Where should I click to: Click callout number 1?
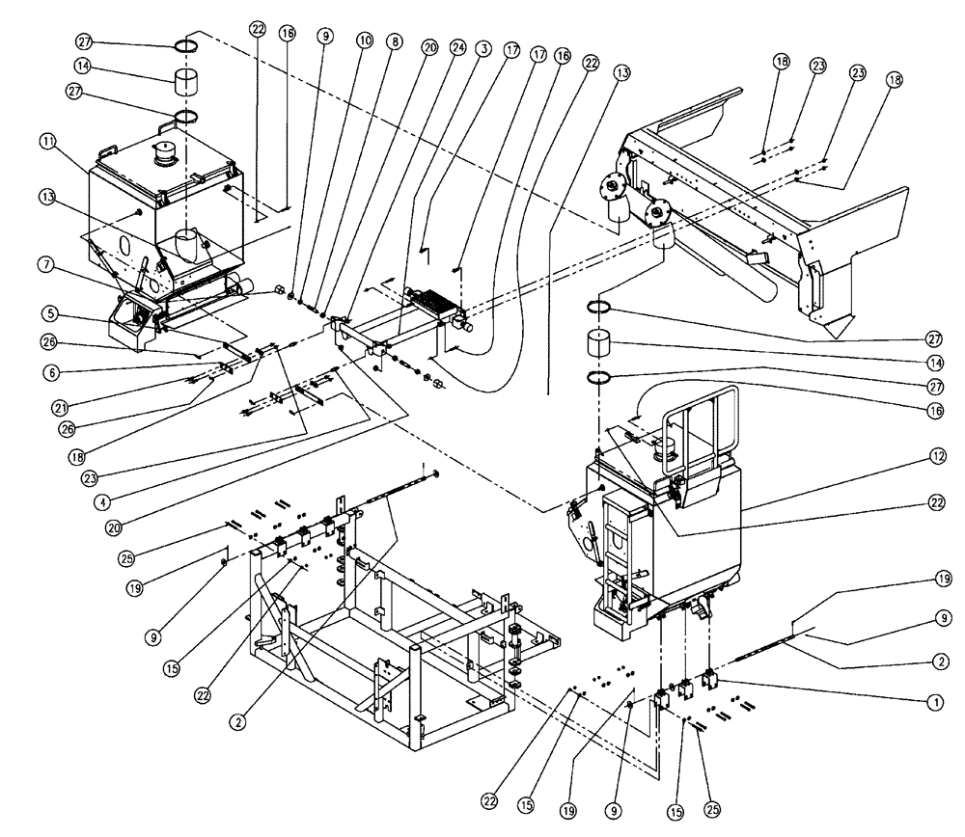[x=933, y=703]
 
